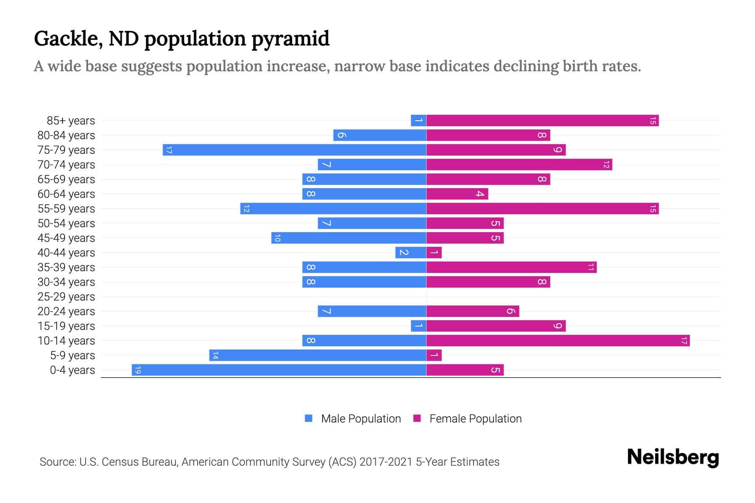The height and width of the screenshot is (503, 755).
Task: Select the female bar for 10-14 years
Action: [x=558, y=341]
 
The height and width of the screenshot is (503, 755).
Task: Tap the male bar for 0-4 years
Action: [x=279, y=370]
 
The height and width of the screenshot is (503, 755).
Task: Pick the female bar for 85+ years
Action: [x=542, y=121]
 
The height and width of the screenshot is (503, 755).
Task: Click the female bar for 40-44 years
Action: [x=434, y=253]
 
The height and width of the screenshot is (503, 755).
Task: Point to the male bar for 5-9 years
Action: [x=318, y=355]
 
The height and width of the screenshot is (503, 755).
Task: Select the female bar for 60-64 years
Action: [x=457, y=194]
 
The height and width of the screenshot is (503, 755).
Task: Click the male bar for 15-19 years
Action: [x=419, y=326]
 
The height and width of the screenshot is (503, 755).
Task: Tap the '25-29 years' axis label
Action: [x=66, y=297]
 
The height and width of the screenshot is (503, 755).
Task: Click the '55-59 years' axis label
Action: [x=66, y=209]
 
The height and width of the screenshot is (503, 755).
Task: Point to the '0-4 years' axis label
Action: [x=72, y=370]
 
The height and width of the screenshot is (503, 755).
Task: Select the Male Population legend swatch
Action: [x=309, y=418]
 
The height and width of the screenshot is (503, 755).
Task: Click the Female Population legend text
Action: [x=475, y=419]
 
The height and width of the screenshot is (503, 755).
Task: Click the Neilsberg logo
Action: [x=673, y=457]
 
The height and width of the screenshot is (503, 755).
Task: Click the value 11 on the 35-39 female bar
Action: [x=591, y=267]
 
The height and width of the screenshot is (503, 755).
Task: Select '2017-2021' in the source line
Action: [x=386, y=462]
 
